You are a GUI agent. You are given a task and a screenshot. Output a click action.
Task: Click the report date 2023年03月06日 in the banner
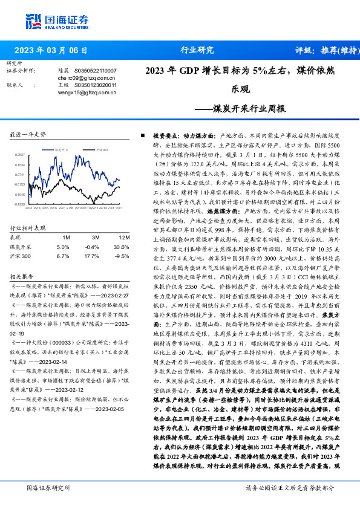pyautogui.click(x=51, y=50)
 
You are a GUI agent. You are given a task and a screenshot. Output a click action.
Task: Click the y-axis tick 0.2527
pyautogui.click(x=20, y=155)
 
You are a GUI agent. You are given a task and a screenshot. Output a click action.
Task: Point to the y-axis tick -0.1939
pyautogui.click(x=20, y=204)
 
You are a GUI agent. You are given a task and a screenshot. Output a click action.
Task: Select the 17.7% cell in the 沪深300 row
pyautogui.click(x=93, y=256)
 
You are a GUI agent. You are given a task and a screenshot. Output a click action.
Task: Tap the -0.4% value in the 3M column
pyautogui.click(x=93, y=247)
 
